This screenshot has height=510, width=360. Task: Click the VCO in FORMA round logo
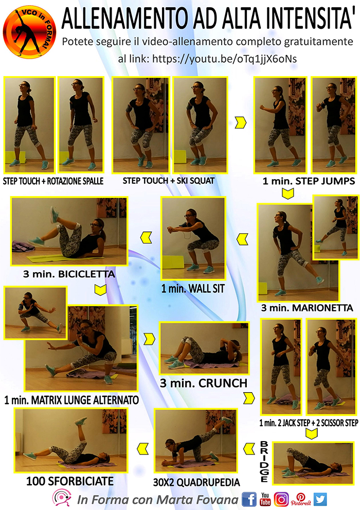pos(29,32)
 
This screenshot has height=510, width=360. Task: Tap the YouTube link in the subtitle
pos(225,59)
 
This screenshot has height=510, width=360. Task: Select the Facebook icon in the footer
pos(249,499)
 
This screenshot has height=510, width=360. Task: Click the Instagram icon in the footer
pos(281,499)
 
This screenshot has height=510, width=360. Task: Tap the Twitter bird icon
pos(320,499)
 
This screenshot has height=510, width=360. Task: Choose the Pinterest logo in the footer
pos(300,499)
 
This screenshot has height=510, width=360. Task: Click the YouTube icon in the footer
pos(265,499)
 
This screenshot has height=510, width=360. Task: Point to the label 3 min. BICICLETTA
pos(69,274)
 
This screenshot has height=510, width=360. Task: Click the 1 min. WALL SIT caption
pos(193,289)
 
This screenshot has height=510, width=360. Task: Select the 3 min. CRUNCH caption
pos(204,383)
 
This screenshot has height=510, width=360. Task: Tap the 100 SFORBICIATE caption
pos(70,481)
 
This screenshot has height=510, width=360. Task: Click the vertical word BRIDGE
pos(264,462)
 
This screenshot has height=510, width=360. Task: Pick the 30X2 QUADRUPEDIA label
pos(196,482)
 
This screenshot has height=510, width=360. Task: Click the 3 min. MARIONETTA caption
pos(307,308)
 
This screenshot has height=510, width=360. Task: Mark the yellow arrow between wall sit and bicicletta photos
pos(146,238)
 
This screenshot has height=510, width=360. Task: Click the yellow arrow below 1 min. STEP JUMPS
pos(288,194)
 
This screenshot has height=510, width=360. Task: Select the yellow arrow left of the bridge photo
pos(249,449)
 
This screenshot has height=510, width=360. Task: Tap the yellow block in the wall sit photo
pos(173,262)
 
